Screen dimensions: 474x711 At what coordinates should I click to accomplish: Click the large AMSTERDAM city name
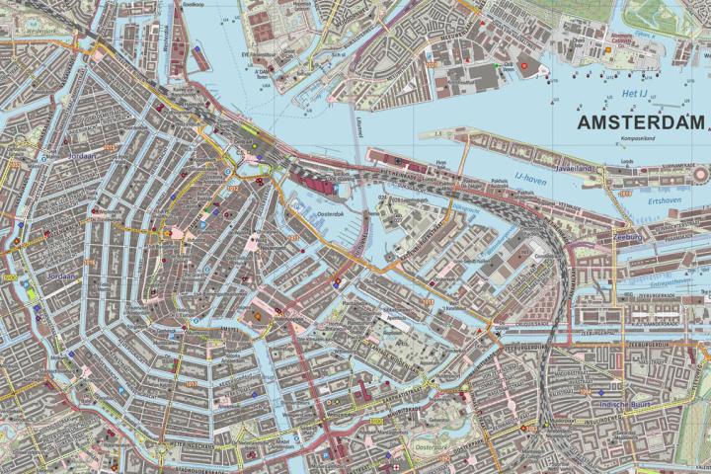click(641, 122)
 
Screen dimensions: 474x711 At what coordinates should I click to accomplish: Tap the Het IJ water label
click(634, 92)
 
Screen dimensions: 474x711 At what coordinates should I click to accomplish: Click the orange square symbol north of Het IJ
click(524, 63)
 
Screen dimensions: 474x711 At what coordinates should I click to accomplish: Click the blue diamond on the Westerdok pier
click(197, 46)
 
